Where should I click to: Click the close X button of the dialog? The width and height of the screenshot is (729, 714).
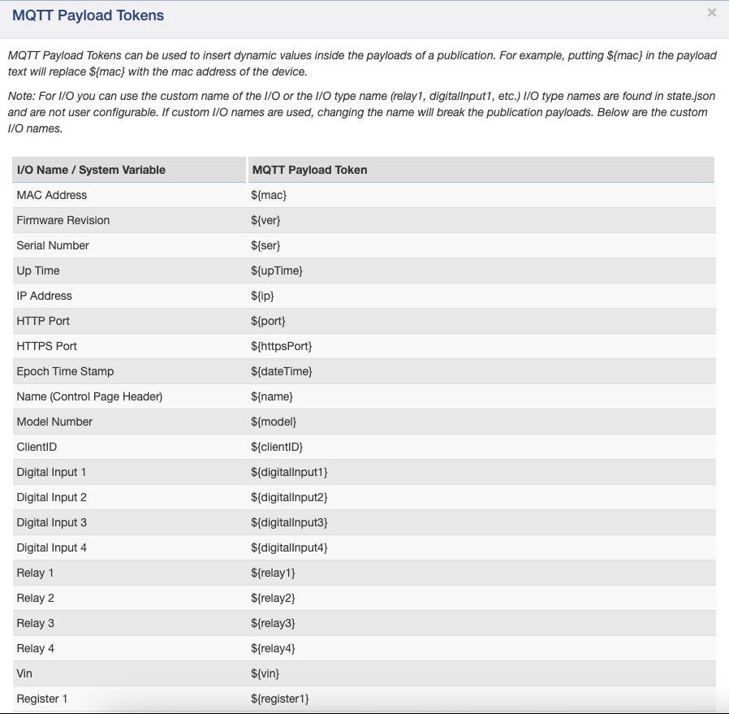tap(712, 12)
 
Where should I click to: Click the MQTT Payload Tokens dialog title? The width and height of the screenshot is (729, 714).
tap(88, 15)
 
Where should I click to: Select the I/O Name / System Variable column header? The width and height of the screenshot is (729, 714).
tap(91, 170)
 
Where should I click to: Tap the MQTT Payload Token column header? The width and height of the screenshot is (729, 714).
tap(310, 170)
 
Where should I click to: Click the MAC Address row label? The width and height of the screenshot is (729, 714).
tap(52, 195)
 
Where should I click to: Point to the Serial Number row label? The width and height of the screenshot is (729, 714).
tap(53, 245)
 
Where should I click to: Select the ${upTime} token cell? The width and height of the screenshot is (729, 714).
tap(277, 270)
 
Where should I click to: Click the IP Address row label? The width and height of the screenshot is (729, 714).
tap(45, 296)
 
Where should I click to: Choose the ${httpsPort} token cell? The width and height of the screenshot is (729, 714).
tap(282, 346)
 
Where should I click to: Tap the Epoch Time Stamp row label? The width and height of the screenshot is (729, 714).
tap(65, 371)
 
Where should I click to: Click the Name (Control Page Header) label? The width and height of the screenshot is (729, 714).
tap(89, 396)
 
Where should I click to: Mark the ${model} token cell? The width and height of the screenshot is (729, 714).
tap(274, 422)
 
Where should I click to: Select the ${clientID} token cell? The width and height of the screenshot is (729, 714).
tap(277, 447)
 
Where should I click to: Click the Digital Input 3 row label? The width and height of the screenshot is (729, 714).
tap(52, 522)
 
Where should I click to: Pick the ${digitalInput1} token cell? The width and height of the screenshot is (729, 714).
tap(289, 472)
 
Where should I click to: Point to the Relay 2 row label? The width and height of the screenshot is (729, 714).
tap(36, 598)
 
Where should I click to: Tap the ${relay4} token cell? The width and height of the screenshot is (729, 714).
tap(273, 648)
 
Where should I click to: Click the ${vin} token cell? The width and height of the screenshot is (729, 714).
tap(265, 673)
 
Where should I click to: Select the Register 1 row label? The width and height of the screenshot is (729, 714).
tap(42, 699)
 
